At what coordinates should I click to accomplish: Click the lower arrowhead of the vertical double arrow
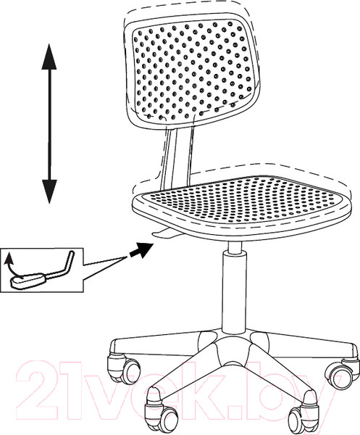pyautogui.click(x=49, y=191)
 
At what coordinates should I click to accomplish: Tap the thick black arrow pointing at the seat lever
pyautogui.click(x=141, y=249)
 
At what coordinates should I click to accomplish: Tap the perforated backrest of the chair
pyautogui.click(x=192, y=72)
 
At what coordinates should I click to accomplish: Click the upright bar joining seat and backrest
pyautogui.click(x=177, y=155)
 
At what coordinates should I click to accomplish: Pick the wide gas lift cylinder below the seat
pyautogui.click(x=234, y=293)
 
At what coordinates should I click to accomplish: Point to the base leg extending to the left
pyautogui.click(x=155, y=345)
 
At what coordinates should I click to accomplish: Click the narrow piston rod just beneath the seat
pyautogui.click(x=235, y=246)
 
